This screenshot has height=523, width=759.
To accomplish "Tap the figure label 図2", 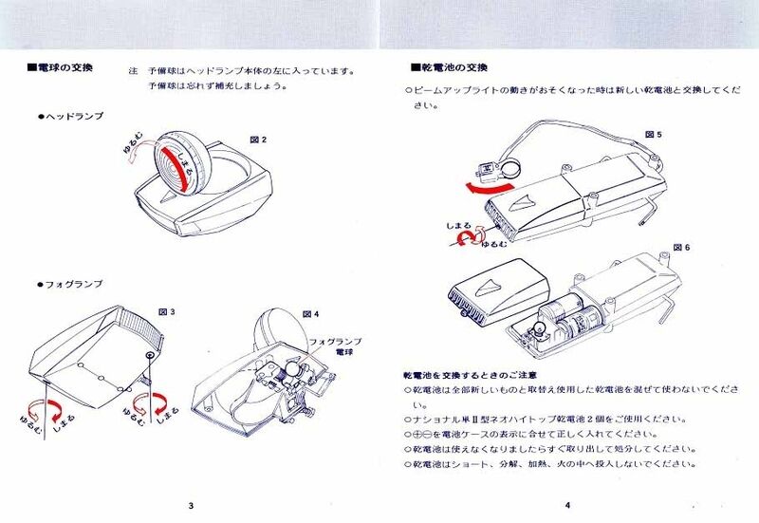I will (258, 140).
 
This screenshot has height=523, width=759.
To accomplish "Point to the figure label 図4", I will (310, 312).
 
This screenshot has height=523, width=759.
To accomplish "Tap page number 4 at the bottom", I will (566, 504).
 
